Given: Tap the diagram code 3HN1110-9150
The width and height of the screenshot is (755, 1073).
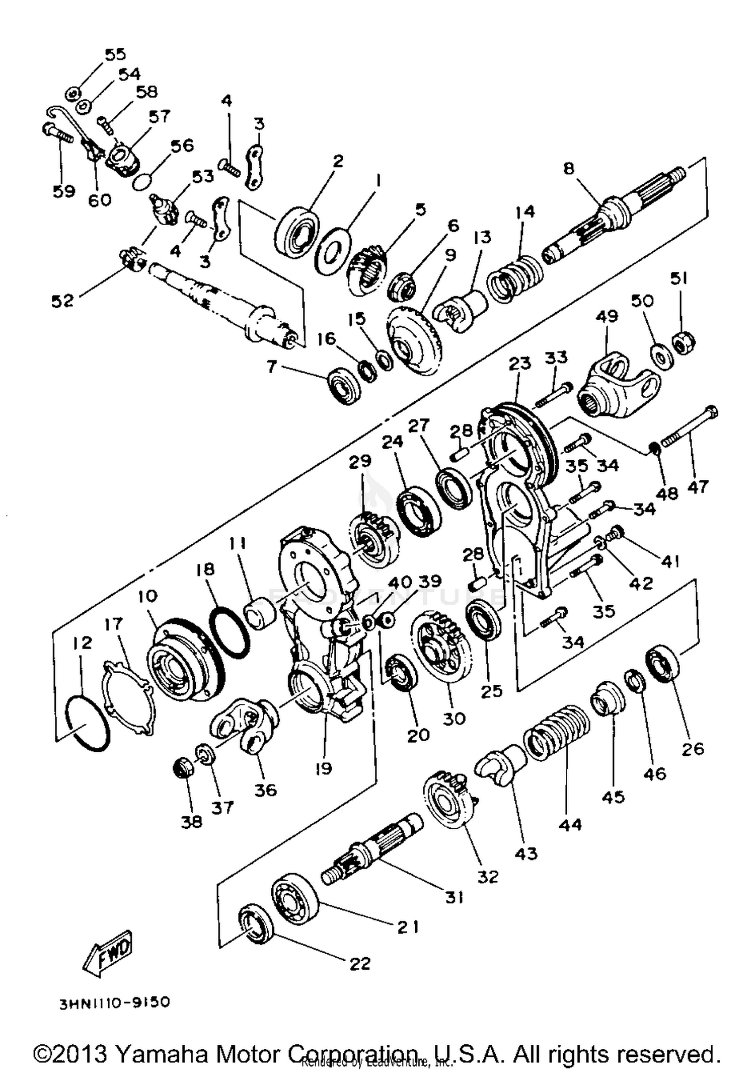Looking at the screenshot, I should point(115,1002).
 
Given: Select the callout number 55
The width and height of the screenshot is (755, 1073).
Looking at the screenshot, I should point(115,54).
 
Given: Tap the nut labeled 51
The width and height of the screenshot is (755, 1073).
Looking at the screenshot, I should point(685,344).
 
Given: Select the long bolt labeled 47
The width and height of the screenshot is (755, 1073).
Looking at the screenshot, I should point(690,427).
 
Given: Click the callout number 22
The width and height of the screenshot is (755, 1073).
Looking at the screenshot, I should point(359,963).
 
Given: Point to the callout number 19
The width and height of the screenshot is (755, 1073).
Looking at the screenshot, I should point(323,768).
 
